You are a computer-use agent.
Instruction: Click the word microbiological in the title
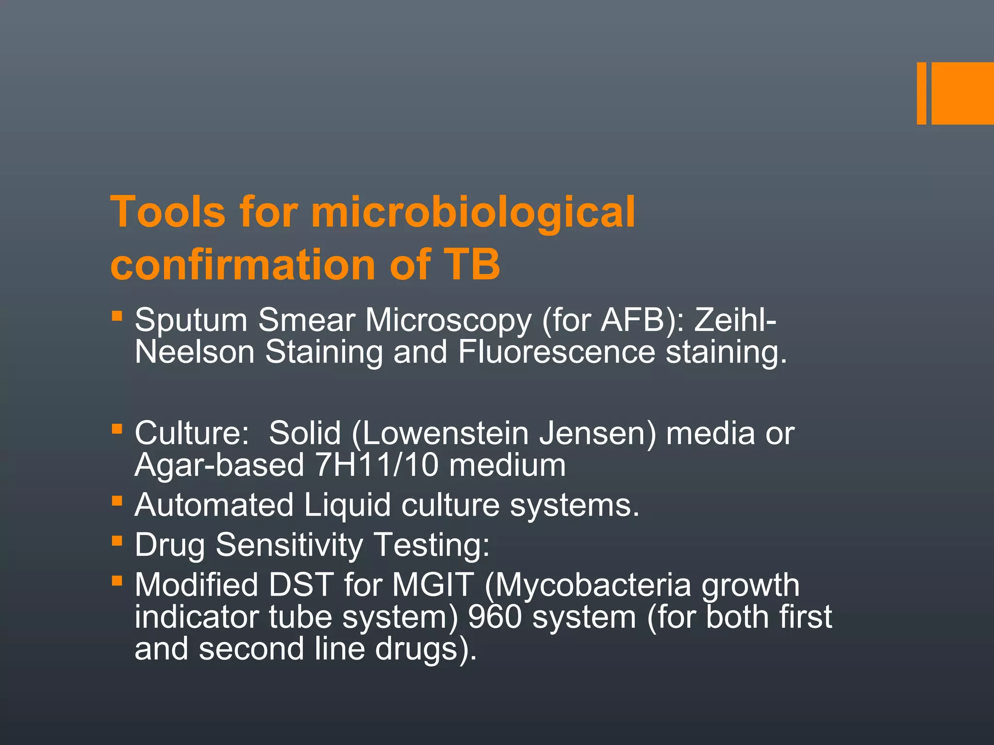point(473,212)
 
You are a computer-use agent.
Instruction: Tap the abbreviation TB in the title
point(471,264)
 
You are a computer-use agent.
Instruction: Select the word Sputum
point(191,321)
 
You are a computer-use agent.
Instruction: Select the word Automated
point(214,505)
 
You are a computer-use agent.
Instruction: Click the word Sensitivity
point(289,545)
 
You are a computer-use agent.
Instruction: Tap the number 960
point(495,617)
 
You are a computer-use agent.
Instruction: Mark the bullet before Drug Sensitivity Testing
point(116,540)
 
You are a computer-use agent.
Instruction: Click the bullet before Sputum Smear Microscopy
point(116,316)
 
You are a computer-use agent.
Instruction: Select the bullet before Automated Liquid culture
point(116,501)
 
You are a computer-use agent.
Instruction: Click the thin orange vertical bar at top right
point(921,94)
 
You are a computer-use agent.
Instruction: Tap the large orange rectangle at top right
point(962,94)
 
